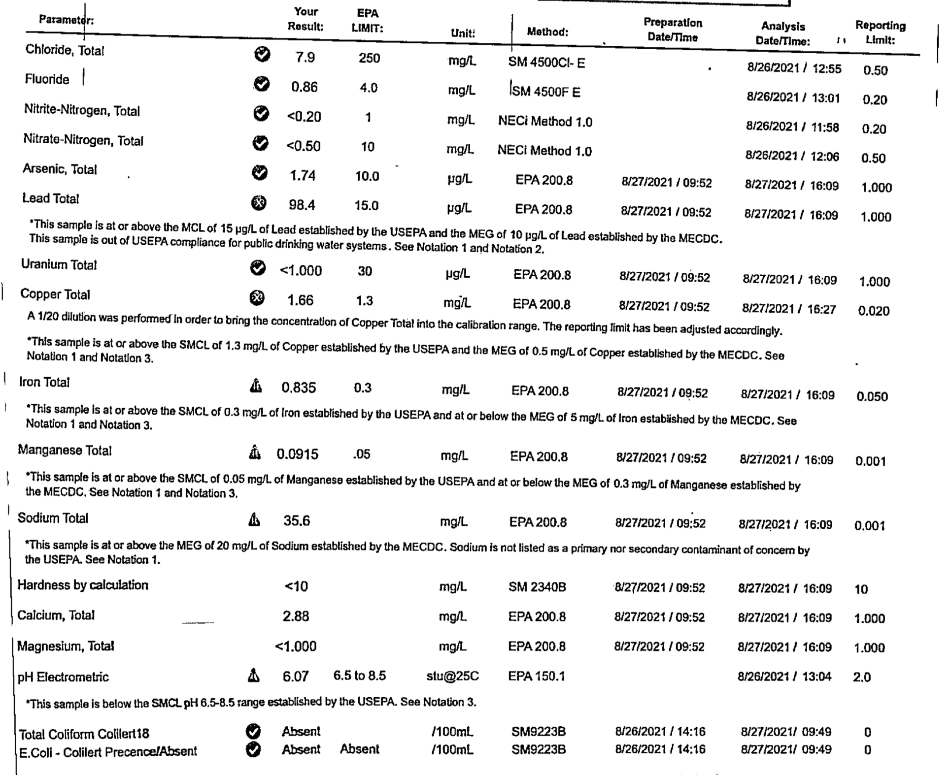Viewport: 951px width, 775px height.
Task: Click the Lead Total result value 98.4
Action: (302, 205)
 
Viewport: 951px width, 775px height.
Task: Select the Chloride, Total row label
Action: (65, 50)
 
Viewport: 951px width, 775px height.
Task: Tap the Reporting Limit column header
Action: (880, 32)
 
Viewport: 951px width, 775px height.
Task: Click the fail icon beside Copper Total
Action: (257, 298)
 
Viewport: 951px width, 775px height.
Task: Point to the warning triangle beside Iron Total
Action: (255, 385)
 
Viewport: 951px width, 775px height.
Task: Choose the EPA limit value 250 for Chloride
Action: (369, 58)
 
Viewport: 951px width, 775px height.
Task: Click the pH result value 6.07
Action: (296, 677)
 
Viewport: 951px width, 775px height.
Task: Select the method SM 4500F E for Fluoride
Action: (546, 92)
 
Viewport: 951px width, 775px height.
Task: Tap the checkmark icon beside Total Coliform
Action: (253, 731)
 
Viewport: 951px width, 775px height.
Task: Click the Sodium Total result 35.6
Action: (297, 520)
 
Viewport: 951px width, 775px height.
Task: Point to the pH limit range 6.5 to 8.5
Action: (359, 676)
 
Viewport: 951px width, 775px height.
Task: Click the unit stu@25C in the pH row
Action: (452, 676)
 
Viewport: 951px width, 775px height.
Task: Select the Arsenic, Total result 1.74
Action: (303, 176)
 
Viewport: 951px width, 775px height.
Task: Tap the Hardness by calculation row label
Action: (83, 585)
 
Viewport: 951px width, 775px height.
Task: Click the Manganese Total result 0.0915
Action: (297, 454)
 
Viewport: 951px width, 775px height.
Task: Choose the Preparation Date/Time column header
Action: (673, 30)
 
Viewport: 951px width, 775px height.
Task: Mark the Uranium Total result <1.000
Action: (301, 271)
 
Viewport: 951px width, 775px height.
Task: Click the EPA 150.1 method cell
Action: (536, 676)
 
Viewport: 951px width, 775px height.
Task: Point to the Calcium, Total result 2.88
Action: (296, 616)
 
